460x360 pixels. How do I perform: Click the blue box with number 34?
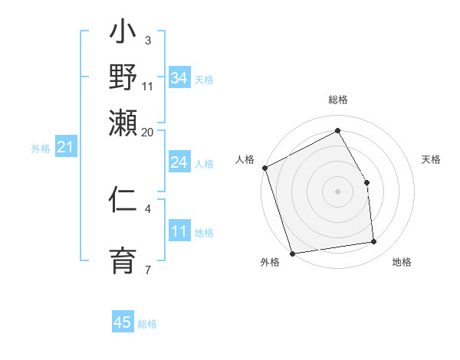click(179, 77)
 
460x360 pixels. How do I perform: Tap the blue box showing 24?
click(179, 162)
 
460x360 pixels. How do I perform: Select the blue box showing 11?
click(179, 232)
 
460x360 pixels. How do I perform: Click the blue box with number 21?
click(65, 147)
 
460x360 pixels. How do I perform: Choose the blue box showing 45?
click(123, 322)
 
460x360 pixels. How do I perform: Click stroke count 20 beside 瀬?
click(147, 132)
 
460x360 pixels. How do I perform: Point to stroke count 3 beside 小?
click(147, 40)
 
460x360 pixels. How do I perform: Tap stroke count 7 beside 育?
click(147, 270)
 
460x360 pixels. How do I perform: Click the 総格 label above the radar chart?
click(337, 100)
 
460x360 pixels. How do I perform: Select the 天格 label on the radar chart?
click(432, 159)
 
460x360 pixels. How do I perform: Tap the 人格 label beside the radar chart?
click(245, 159)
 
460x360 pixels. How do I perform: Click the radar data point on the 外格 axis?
click(292, 254)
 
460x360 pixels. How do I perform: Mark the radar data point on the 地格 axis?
click(374, 242)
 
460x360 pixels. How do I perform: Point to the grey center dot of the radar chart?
click(337, 191)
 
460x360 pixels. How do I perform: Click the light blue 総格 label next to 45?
click(147, 324)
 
